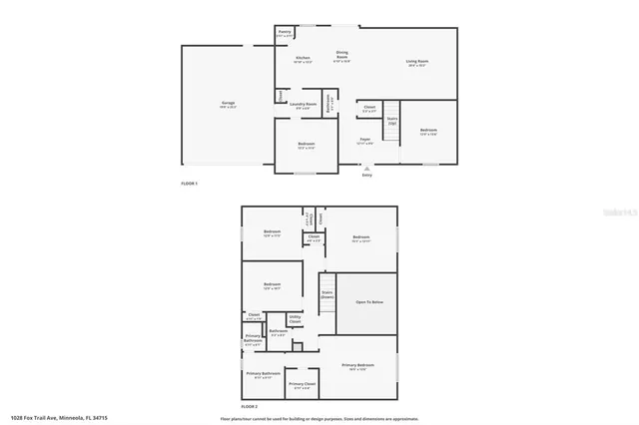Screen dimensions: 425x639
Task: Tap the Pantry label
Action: [x=285, y=33]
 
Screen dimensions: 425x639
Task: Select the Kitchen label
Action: [x=303, y=59]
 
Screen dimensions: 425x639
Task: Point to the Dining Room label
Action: [x=341, y=56]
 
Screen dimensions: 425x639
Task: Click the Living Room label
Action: [x=416, y=63]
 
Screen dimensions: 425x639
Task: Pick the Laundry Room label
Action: [x=304, y=105]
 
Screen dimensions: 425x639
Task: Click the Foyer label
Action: [x=366, y=141]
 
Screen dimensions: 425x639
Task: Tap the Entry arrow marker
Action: [x=366, y=170]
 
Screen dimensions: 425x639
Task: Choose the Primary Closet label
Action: [x=303, y=385]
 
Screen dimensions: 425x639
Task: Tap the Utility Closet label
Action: [x=296, y=319]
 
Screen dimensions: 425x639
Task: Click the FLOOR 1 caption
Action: [x=190, y=184]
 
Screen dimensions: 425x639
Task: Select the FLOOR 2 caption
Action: [x=249, y=407]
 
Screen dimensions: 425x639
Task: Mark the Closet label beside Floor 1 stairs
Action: [x=368, y=108]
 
